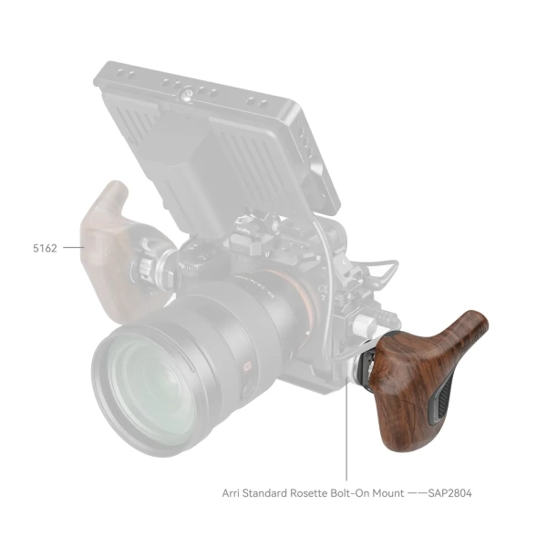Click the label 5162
[43, 246]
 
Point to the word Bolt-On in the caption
[360, 493]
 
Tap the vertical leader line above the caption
[346, 438]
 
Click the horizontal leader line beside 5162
[71, 246]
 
